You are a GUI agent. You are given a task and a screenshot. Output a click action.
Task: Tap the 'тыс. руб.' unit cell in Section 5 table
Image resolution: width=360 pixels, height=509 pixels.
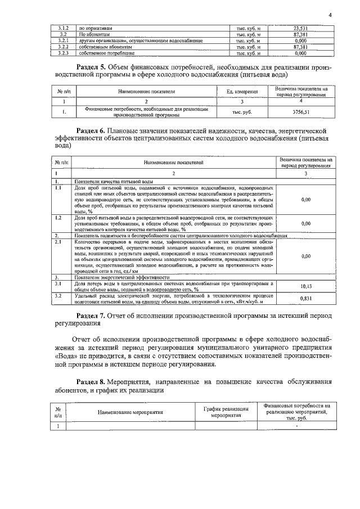point(242,112)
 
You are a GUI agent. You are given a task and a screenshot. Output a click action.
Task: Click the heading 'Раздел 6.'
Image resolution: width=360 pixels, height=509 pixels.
point(93,131)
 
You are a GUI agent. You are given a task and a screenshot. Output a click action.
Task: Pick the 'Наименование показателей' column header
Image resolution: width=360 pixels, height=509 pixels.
point(173,163)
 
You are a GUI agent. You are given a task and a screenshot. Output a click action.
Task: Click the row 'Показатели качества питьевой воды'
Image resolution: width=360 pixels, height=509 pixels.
point(114,183)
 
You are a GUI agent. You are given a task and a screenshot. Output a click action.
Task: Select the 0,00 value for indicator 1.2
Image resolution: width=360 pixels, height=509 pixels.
point(307,223)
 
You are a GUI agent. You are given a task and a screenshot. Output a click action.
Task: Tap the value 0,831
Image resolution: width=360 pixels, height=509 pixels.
point(307,299)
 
